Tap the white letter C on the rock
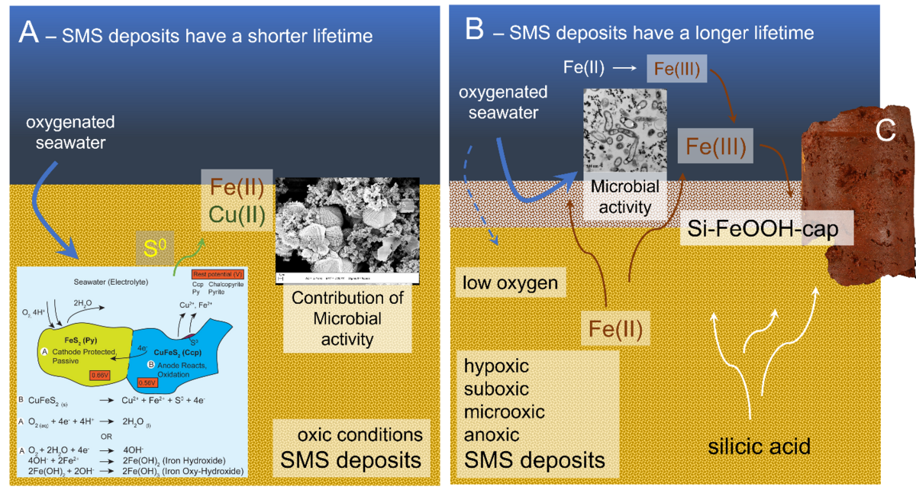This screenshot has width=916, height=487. (885, 131)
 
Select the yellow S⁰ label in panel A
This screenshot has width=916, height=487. (150, 247)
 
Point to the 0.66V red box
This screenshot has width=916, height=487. (100, 375)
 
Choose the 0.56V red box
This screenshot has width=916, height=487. (147, 382)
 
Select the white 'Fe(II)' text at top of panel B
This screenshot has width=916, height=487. (584, 68)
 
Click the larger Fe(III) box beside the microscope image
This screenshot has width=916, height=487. (714, 144)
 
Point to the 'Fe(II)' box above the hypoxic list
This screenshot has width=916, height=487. (614, 331)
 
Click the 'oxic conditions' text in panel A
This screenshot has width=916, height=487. (360, 434)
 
